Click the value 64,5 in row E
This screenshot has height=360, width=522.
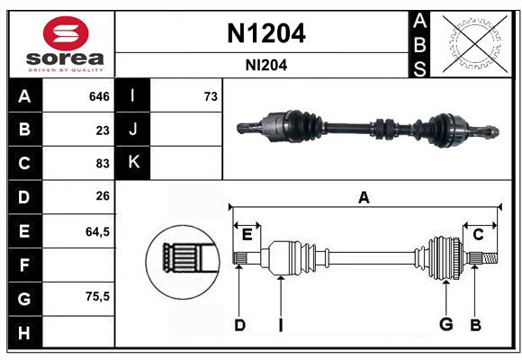(97, 230)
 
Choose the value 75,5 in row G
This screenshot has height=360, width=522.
(97, 296)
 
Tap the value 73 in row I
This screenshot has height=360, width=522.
(211, 95)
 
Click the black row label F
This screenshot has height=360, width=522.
(24, 265)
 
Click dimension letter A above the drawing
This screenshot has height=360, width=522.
(364, 197)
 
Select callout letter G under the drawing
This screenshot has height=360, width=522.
(444, 324)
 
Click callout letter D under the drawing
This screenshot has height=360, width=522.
(239, 324)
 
